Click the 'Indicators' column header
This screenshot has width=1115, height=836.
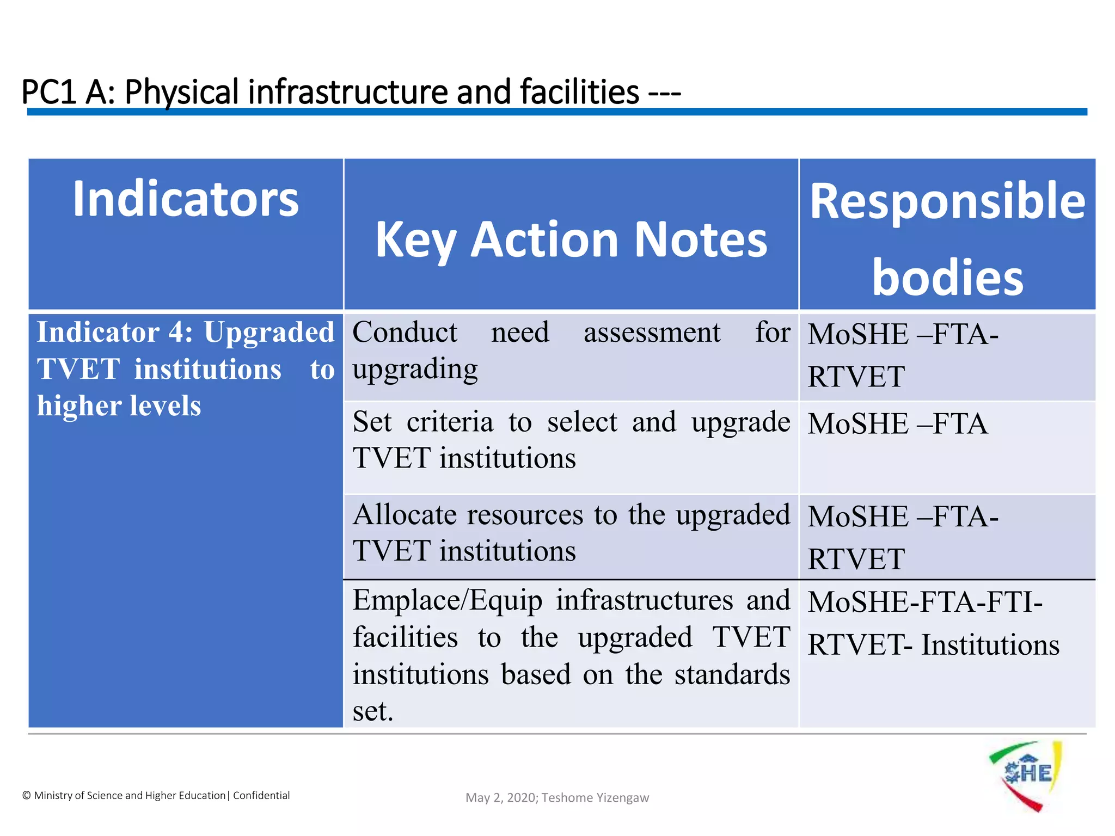click(x=186, y=199)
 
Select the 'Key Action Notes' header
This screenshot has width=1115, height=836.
click(x=571, y=239)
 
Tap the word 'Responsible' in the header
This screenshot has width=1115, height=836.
click(x=947, y=201)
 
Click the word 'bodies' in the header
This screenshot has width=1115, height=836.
click(x=947, y=278)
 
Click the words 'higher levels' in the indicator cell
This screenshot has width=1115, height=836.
click(x=119, y=406)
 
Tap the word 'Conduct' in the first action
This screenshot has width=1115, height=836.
click(x=405, y=332)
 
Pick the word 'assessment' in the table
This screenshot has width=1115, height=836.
click(x=652, y=332)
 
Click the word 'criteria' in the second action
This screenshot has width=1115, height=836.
click(x=450, y=422)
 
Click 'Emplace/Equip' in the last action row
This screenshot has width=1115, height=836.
click(x=447, y=600)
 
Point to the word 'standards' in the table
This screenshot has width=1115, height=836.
click(x=732, y=674)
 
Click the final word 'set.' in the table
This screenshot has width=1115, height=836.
click(x=372, y=711)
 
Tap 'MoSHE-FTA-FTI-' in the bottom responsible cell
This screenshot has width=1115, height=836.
click(x=924, y=602)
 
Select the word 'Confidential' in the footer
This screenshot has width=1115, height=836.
click(x=261, y=795)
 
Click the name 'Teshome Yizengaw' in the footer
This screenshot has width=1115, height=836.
click(x=595, y=798)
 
